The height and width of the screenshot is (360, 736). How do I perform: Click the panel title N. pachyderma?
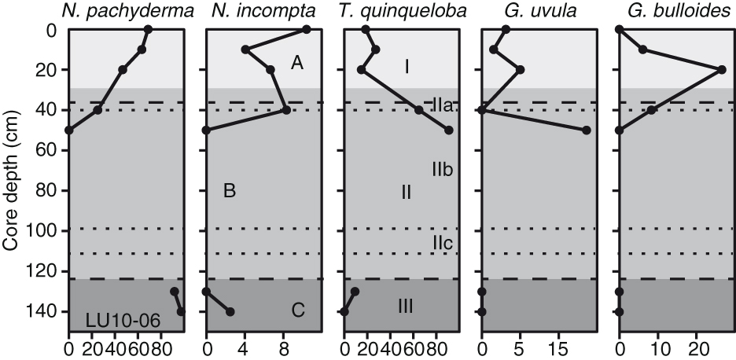pyautogui.click(x=127, y=12)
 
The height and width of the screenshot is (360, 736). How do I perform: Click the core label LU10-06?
pyautogui.click(x=123, y=321)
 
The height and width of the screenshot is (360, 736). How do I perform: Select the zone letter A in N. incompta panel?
pyautogui.click(x=296, y=63)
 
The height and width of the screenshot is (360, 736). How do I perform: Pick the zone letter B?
pyautogui.click(x=230, y=191)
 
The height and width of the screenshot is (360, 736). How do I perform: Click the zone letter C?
pyautogui.click(x=299, y=310)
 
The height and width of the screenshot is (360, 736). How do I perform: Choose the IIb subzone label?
pyautogui.click(x=443, y=170)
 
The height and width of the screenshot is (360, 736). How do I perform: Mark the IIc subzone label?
pyautogui.click(x=442, y=243)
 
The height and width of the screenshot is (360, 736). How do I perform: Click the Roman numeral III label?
pyautogui.click(x=406, y=307)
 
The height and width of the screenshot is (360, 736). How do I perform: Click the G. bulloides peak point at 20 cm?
pyautogui.click(x=722, y=70)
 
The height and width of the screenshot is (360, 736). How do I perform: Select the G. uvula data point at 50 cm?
pyautogui.click(x=587, y=130)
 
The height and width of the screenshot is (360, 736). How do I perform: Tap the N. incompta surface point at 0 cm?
pyautogui.click(x=307, y=29)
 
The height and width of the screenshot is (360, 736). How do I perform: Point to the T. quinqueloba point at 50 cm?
pyautogui.click(x=449, y=130)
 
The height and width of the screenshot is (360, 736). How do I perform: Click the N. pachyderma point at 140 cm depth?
pyautogui.click(x=181, y=311)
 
